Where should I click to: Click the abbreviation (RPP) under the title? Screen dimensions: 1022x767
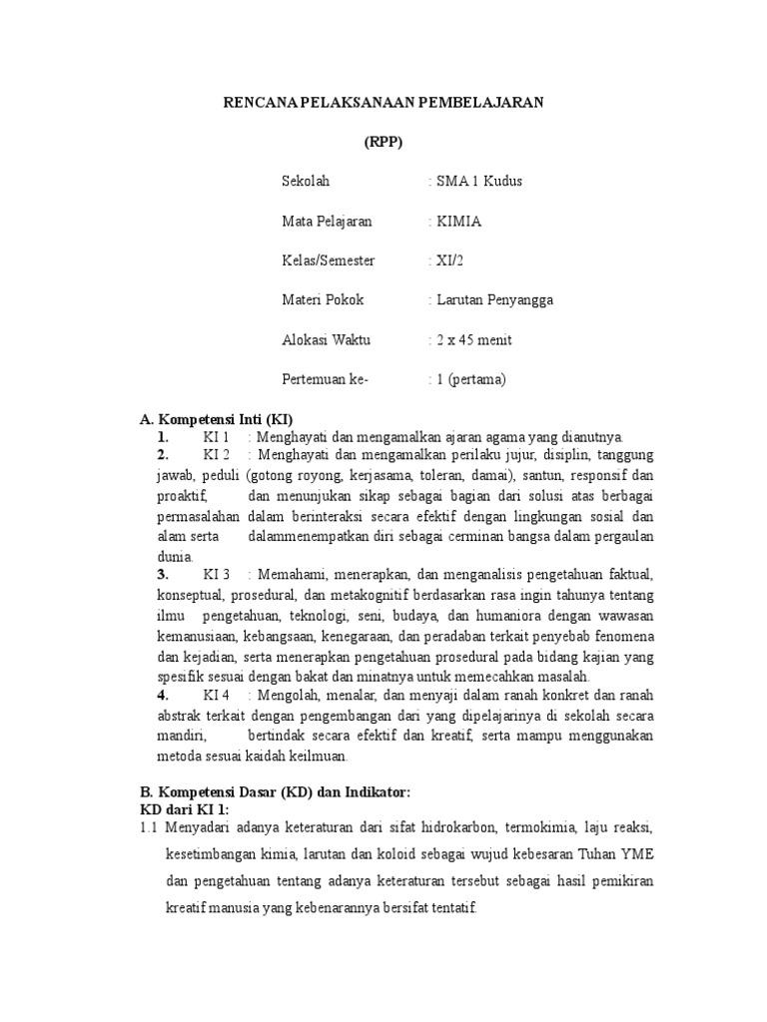(x=383, y=142)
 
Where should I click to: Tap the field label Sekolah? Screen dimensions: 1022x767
(x=306, y=182)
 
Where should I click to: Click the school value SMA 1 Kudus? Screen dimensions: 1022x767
(x=476, y=182)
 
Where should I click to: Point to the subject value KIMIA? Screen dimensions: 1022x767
(x=458, y=222)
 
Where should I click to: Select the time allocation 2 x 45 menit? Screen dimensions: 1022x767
(x=473, y=340)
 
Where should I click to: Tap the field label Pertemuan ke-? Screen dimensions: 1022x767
(x=326, y=379)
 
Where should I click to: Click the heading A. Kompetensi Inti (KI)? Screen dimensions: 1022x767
(x=216, y=419)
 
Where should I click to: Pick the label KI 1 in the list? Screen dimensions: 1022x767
(x=217, y=437)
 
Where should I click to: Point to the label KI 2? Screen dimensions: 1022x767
(x=217, y=455)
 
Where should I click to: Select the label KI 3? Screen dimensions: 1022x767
(x=217, y=575)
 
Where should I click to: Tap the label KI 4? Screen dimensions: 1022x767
(x=217, y=695)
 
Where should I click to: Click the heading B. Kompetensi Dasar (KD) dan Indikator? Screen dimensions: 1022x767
(x=275, y=791)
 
